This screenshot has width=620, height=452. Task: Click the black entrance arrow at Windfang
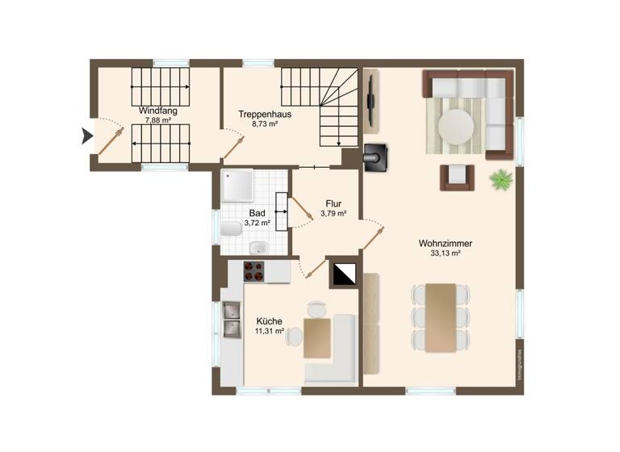click(x=87, y=136)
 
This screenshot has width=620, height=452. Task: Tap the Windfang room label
click(x=153, y=111)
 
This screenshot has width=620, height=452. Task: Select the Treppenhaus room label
click(x=264, y=114)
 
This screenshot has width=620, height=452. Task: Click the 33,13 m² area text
click(x=446, y=253)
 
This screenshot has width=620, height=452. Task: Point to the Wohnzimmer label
click(x=446, y=243)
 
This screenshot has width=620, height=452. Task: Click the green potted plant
click(x=501, y=178)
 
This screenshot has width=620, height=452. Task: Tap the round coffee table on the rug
click(x=457, y=127)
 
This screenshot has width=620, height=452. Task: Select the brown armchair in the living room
click(x=457, y=176)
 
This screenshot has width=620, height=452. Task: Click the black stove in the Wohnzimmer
click(x=377, y=157)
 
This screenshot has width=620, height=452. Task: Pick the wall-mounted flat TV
click(x=372, y=102)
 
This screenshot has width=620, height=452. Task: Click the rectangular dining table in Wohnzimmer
click(x=441, y=316)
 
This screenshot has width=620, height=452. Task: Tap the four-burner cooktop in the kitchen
click(x=254, y=271)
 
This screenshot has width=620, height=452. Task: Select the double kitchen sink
click(x=232, y=319)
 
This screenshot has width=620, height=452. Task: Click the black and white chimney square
click(x=344, y=274)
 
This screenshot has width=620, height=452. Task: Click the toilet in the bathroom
click(x=231, y=229)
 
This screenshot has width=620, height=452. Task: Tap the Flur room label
click(x=333, y=203)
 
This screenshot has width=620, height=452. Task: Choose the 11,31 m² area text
click(x=270, y=331)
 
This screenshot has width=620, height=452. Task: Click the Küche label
click(x=270, y=320)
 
